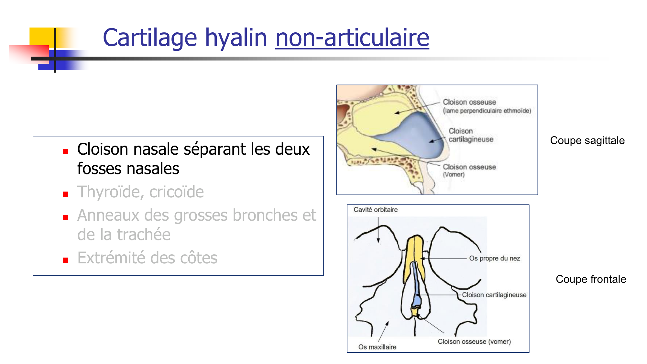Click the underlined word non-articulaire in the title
352,38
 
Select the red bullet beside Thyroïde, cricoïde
66,194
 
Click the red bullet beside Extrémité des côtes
66,260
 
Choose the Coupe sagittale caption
587,140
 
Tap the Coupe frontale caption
591,279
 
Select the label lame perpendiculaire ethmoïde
487,111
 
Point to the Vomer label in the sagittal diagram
454,174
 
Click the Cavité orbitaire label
375,210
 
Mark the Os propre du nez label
494,258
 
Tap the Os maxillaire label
377,347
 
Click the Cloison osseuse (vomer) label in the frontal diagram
474,341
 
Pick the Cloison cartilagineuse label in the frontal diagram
494,295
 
